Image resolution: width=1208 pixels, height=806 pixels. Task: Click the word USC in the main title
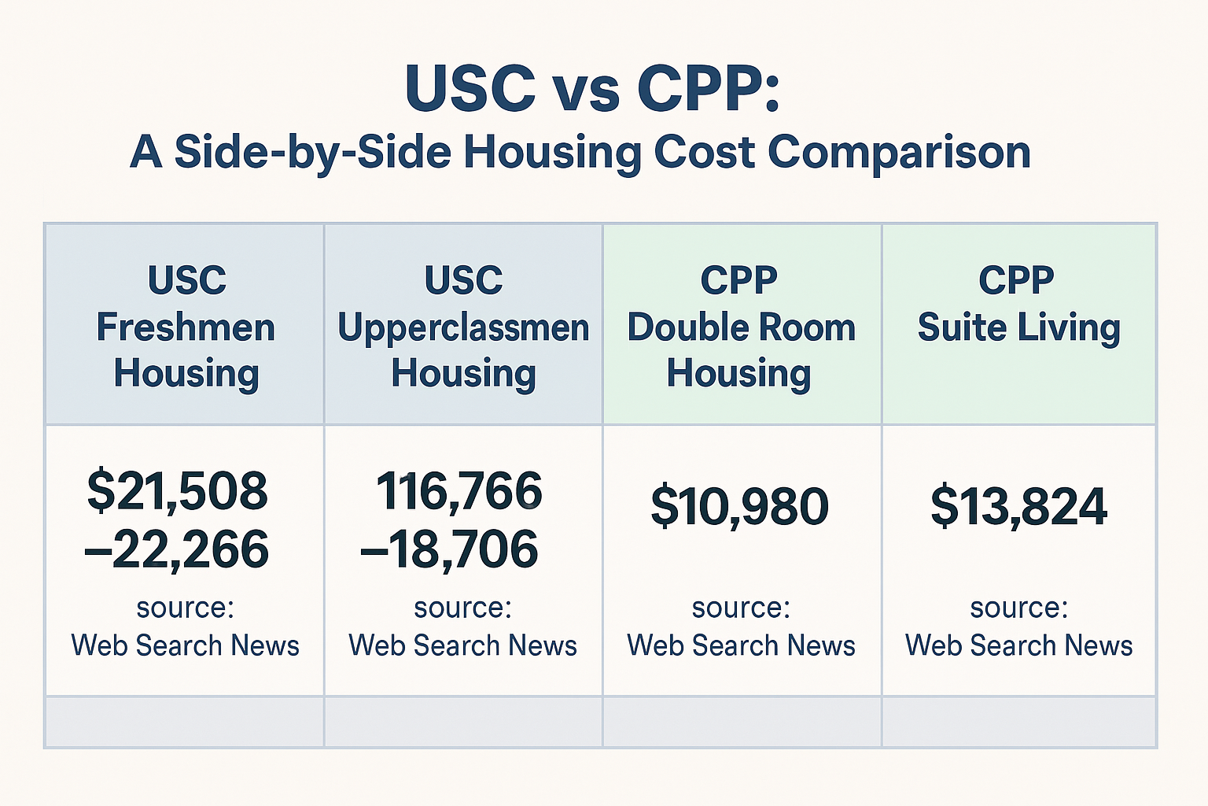click(x=470, y=87)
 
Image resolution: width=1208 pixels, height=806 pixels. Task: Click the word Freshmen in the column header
click(x=186, y=327)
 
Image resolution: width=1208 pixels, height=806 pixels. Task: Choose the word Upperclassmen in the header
click(x=463, y=327)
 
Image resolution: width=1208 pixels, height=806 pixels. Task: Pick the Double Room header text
click(x=741, y=327)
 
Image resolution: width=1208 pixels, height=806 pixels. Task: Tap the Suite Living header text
click(x=1018, y=327)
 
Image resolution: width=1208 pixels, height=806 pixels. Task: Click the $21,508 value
click(x=178, y=491)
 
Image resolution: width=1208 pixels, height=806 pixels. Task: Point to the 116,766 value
click(x=459, y=491)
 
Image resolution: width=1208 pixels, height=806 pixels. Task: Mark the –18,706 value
click(x=449, y=549)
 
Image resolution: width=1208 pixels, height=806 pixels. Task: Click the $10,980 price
click(x=739, y=507)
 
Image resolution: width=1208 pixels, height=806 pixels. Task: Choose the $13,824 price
click(x=1018, y=507)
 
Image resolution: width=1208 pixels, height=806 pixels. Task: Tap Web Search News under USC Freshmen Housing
click(x=186, y=645)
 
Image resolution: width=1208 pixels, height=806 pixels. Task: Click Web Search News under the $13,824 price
click(x=1018, y=645)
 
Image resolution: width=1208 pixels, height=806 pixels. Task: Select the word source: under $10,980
click(x=741, y=608)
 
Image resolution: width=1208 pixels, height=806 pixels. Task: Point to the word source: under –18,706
click(x=462, y=608)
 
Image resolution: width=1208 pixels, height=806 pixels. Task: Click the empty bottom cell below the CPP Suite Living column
click(x=1018, y=722)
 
